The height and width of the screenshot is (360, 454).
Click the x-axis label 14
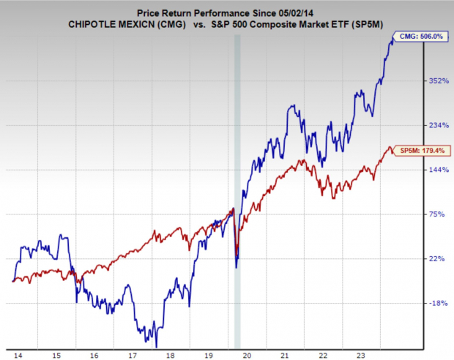17,353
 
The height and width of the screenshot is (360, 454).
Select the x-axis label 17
132,353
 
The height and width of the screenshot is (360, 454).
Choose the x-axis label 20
248,353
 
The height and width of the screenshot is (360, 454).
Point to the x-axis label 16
94,353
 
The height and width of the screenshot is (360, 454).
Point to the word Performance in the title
208,12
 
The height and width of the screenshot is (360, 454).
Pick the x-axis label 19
209,353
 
